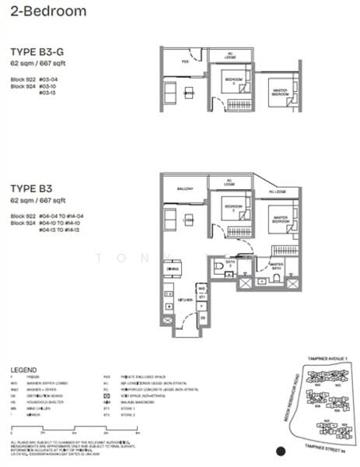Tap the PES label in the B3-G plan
tap(185, 61)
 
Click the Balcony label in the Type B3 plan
tap(185, 188)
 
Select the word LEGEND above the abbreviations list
tap(25, 369)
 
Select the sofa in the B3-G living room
tap(171, 94)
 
